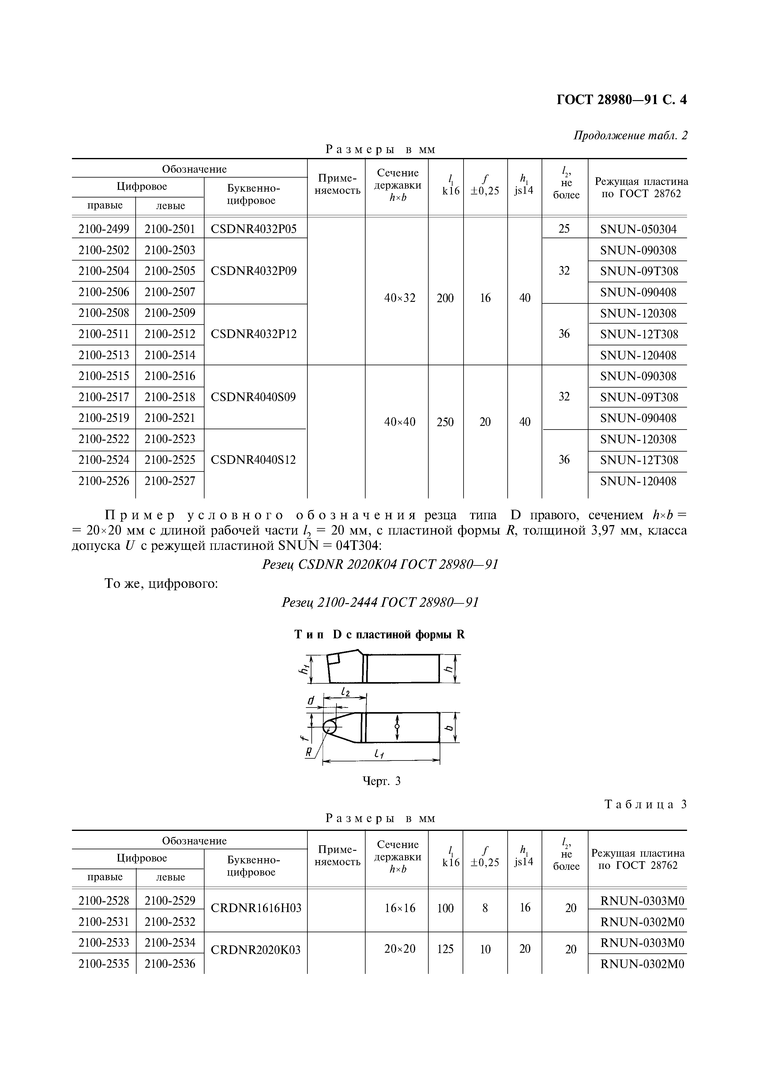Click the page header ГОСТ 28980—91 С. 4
622,100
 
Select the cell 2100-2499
104,229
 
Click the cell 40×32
399,298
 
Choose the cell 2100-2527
170,481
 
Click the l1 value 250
445,422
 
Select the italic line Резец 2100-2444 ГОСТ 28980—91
380,602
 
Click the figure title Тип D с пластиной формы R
380,635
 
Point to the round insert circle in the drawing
329,727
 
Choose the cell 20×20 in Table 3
399,949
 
